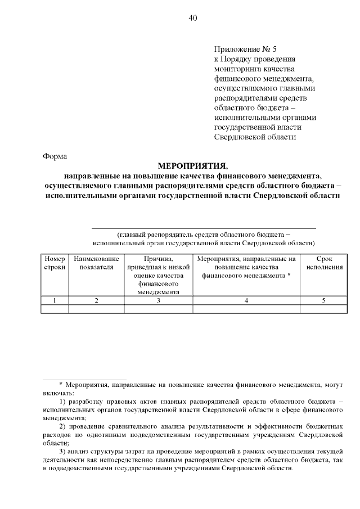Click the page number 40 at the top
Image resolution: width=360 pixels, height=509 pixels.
tap(192, 19)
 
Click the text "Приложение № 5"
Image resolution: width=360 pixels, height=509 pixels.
tap(246, 49)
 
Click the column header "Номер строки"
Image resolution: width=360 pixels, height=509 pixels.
tap(54, 263)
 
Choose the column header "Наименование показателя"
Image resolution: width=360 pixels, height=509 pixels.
tap(96, 263)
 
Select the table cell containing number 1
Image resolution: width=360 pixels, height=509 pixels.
tap(54, 300)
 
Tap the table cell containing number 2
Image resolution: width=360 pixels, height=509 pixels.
tap(96, 300)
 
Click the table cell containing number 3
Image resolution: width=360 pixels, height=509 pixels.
tap(159, 300)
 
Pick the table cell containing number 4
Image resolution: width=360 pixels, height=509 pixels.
tap(246, 300)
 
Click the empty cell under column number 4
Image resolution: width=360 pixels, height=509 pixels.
tap(246, 308)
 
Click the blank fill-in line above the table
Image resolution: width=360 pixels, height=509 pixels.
tap(204, 228)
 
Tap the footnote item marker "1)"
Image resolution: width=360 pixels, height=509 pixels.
tap(62, 402)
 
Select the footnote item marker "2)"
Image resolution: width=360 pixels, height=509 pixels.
tap(62, 427)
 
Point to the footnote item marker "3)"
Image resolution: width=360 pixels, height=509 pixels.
tap(62, 452)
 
